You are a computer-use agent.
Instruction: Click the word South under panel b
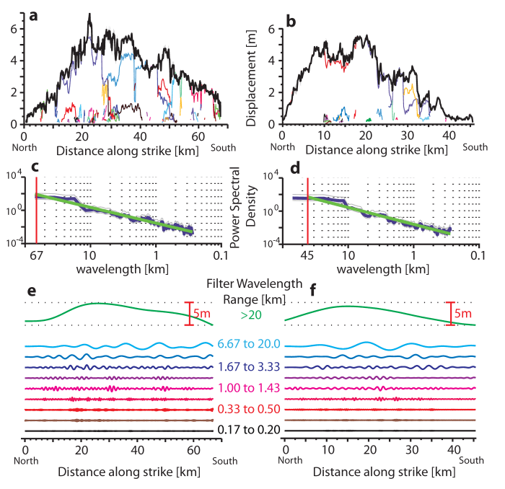tap(475, 146)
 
